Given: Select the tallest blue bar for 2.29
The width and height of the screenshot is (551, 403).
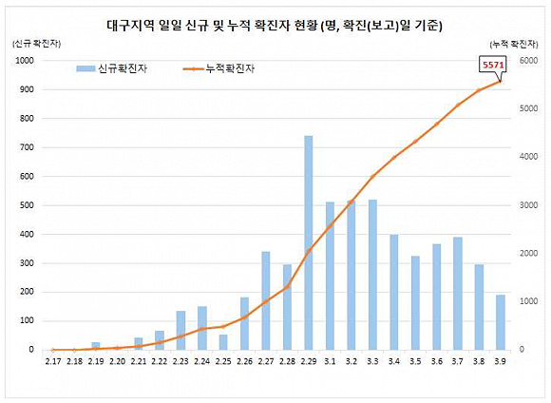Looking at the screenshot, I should pyautogui.click(x=309, y=242).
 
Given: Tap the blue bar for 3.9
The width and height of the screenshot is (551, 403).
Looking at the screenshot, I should pyautogui.click(x=501, y=322).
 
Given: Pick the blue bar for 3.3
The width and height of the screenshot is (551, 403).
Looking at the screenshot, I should pyautogui.click(x=372, y=275).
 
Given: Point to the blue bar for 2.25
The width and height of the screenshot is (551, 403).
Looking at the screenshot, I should pyautogui.click(x=223, y=342).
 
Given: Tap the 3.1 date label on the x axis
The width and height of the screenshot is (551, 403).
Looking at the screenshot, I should pyautogui.click(x=330, y=361).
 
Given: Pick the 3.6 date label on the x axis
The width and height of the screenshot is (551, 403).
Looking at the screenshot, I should pyautogui.click(x=436, y=361).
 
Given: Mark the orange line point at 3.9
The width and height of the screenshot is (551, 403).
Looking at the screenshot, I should pyautogui.click(x=501, y=81).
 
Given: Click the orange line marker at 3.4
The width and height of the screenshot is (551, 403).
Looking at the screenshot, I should pyautogui.click(x=394, y=157).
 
